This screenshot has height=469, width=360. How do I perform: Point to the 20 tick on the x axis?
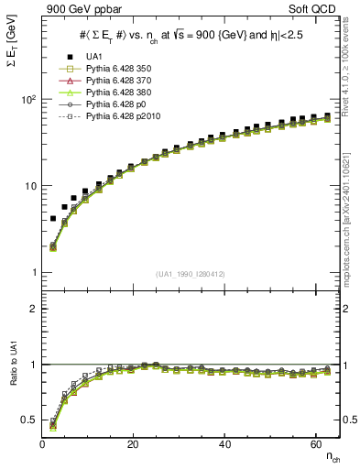pyautogui.click(x=134, y=444)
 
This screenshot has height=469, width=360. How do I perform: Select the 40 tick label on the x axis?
pyautogui.click(x=224, y=444)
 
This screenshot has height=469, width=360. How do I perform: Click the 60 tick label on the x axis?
pyautogui.click(x=315, y=444)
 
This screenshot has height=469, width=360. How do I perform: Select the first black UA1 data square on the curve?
pyautogui.click(x=53, y=219)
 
